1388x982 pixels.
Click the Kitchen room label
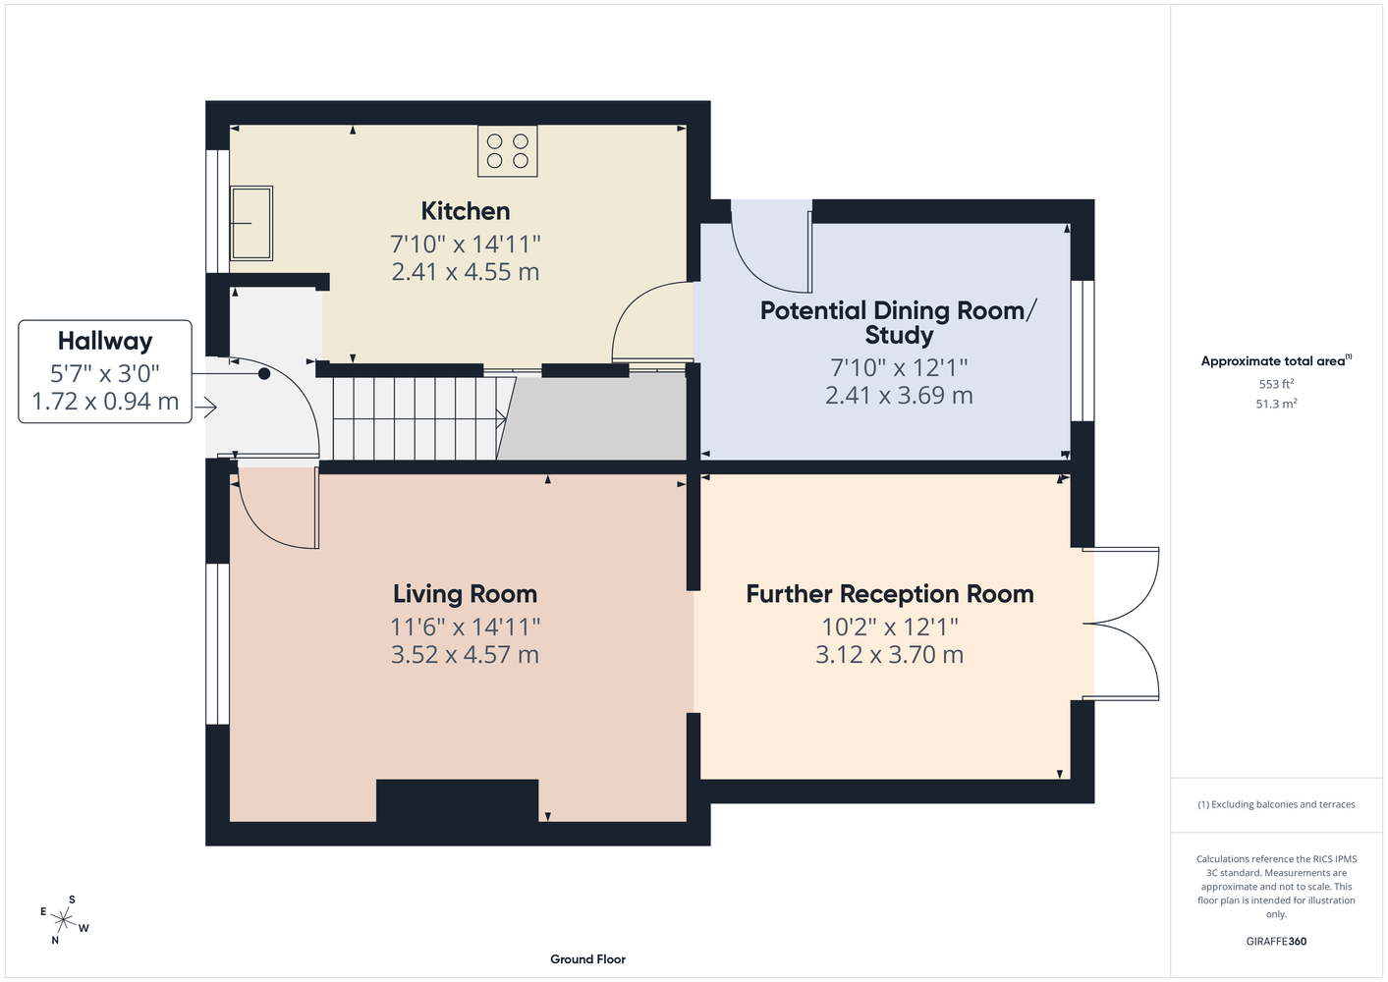coord(466,211)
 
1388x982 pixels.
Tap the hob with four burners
coord(508,151)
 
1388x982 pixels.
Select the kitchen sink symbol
coord(250,223)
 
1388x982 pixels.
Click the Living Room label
coord(465,593)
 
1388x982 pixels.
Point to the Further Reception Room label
coord(890,593)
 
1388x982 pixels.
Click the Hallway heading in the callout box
coord(105,341)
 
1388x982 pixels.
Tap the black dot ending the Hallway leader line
coord(264,373)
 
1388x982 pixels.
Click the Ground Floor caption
coord(588,959)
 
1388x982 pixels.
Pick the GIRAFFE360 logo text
coord(1276,941)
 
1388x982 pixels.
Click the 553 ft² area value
coord(1276,384)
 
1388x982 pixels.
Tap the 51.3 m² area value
coord(1276,404)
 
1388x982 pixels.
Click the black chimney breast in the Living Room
coord(458,800)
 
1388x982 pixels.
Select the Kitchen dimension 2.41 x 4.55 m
coord(466,272)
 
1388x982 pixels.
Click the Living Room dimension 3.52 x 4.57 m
coord(465,654)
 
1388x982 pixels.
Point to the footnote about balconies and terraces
coord(1276,804)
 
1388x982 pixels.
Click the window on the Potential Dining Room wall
coord(1083,352)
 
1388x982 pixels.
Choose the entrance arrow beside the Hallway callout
coord(205,408)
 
